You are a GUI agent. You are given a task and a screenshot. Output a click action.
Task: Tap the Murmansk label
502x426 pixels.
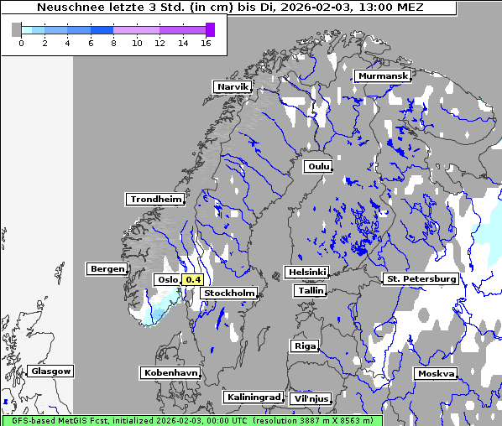(383, 75)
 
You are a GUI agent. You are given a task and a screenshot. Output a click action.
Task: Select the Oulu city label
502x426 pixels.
(317, 166)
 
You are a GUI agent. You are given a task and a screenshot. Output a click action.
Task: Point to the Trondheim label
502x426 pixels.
(155, 199)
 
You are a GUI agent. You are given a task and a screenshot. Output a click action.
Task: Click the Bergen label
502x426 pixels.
(107, 269)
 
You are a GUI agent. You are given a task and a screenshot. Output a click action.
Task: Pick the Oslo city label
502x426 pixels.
(166, 279)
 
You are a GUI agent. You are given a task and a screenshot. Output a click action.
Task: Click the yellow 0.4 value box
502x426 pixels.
(193, 279)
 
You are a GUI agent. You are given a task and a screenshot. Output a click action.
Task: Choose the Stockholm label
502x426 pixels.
(230, 293)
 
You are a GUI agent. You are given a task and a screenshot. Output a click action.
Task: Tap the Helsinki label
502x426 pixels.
(306, 272)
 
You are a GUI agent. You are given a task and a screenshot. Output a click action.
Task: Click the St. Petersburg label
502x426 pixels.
(420, 278)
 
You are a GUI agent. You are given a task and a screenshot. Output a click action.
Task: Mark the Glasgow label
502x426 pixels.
(51, 371)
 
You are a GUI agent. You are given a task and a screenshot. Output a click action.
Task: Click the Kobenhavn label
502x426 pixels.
(170, 371)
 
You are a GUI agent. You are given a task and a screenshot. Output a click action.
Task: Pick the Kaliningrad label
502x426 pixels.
(253, 397)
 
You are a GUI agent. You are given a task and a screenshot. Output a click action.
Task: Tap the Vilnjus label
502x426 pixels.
(311, 398)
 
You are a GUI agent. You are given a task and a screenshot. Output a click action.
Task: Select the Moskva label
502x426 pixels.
(436, 373)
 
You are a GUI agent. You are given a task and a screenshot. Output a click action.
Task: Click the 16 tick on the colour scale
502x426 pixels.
(206, 43)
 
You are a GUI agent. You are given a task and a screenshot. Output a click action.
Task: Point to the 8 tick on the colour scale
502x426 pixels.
(113, 43)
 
